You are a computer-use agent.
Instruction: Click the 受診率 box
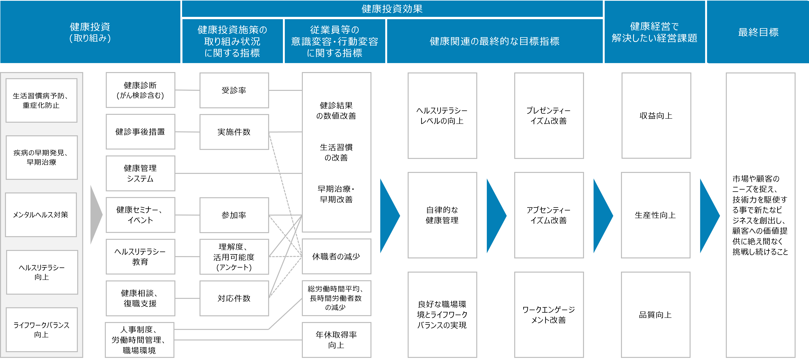(234, 90)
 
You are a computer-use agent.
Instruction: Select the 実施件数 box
(234, 132)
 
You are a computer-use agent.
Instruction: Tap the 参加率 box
(234, 215)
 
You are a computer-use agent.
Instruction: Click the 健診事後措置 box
(140, 132)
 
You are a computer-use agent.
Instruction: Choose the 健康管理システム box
(140, 173)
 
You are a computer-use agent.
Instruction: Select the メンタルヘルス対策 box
(41, 215)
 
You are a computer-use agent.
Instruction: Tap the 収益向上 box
(656, 116)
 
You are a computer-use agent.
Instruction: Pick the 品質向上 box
(655, 315)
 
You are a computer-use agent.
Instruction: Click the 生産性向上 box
(655, 215)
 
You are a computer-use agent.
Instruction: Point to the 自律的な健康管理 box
(442, 215)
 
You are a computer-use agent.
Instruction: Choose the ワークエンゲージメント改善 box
(549, 315)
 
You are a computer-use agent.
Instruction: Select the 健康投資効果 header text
(392, 9)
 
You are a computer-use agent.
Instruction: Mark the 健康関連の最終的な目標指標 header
(495, 41)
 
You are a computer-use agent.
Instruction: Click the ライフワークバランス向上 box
(41, 330)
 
